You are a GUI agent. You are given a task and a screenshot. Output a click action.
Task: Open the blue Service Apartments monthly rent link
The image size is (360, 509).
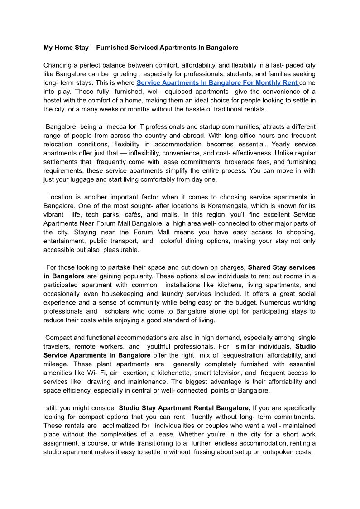217,83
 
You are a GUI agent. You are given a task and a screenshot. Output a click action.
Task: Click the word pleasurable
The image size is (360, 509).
122,250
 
